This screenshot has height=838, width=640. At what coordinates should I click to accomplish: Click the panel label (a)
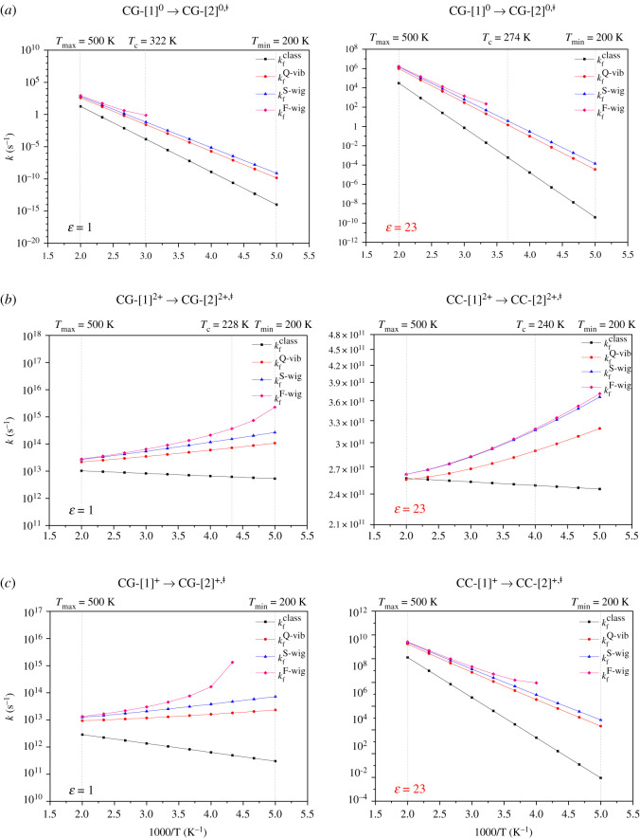12,11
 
